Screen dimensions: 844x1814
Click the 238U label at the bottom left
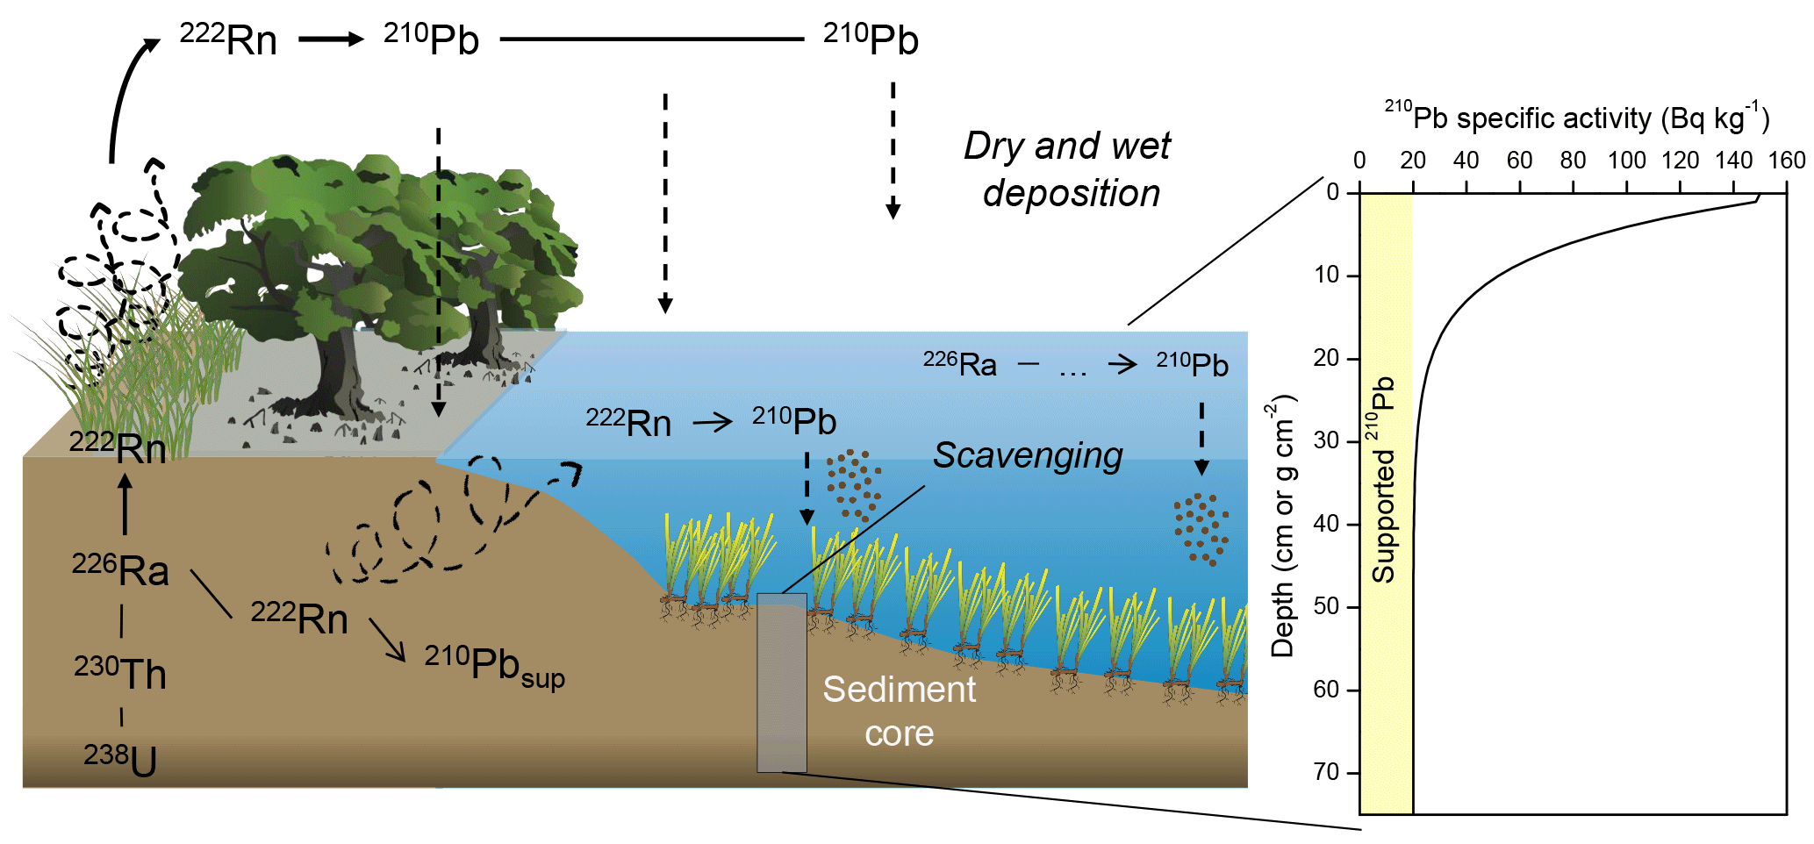click(121, 760)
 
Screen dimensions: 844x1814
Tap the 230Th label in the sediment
click(120, 674)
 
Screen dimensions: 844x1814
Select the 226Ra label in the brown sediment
click(120, 570)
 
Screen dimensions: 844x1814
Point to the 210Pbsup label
click(494, 664)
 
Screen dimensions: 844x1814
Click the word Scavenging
click(1027, 455)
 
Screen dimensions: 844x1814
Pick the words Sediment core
click(899, 711)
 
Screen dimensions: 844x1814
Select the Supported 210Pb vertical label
click(1383, 480)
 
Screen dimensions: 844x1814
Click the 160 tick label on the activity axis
click(1787, 161)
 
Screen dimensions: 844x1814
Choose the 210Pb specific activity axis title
click(1577, 118)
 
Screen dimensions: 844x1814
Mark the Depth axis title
click(1283, 526)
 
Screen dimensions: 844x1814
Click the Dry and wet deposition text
click(1068, 169)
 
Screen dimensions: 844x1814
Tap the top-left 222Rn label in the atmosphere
click(228, 39)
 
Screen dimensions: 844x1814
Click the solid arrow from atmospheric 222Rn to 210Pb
click(331, 39)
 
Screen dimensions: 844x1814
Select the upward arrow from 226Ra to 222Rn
click(125, 504)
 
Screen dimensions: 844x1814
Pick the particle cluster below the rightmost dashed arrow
click(1201, 527)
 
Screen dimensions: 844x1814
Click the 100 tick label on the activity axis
click(1626, 161)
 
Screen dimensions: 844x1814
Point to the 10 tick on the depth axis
click(1327, 275)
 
